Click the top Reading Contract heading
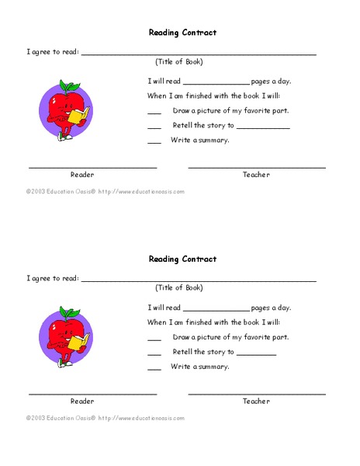(182, 33)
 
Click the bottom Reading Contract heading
(182, 259)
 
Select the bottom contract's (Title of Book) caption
(178, 287)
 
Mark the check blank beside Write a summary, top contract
(154, 143)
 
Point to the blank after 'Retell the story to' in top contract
(263, 128)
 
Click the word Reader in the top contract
(82, 175)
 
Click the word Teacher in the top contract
(256, 175)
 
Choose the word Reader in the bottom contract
(82, 402)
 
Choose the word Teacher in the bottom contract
(256, 402)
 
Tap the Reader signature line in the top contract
(93, 167)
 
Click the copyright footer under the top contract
(106, 191)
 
